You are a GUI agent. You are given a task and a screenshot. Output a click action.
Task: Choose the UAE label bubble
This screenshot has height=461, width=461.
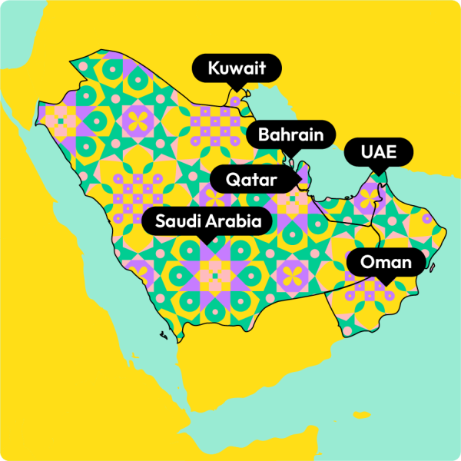click(x=379, y=151)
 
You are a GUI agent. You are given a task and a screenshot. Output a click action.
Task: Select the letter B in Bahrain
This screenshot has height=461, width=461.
click(x=264, y=136)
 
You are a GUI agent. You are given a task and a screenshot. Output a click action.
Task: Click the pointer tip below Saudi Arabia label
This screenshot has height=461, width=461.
click(x=207, y=244)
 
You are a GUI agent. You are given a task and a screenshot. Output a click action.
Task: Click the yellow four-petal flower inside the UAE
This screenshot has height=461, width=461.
click(x=372, y=197)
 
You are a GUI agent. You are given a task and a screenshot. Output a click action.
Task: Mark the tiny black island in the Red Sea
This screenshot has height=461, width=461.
click(x=164, y=336)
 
